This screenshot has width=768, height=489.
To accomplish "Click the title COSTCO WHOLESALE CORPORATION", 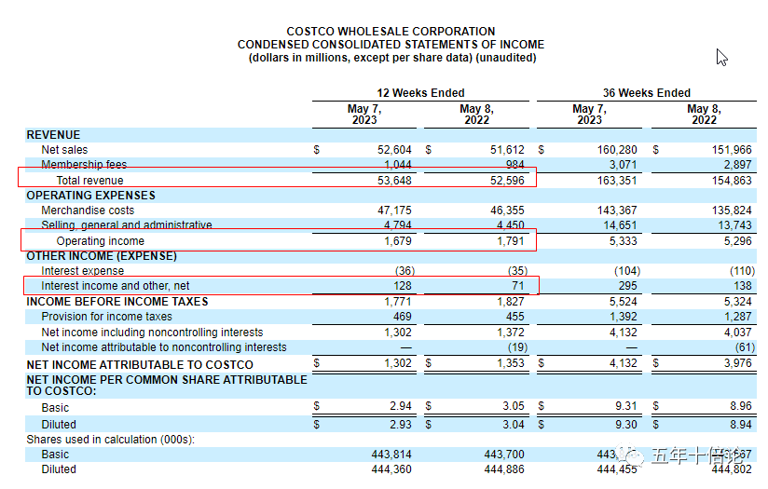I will (x=391, y=32).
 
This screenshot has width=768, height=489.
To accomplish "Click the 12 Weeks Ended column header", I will (x=420, y=93).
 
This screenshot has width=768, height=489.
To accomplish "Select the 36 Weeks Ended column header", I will (x=646, y=93).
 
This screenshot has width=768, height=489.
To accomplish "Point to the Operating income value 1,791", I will (x=507, y=241).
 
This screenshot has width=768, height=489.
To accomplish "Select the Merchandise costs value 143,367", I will (x=614, y=211).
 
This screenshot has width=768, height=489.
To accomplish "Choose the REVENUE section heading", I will (x=53, y=135).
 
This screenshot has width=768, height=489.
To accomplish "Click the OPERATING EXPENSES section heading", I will (x=90, y=196).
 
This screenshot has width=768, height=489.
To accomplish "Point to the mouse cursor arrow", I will (x=720, y=57).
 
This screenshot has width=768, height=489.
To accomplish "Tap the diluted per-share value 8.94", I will (x=737, y=424).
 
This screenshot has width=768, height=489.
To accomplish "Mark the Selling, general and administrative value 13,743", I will (x=732, y=225).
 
